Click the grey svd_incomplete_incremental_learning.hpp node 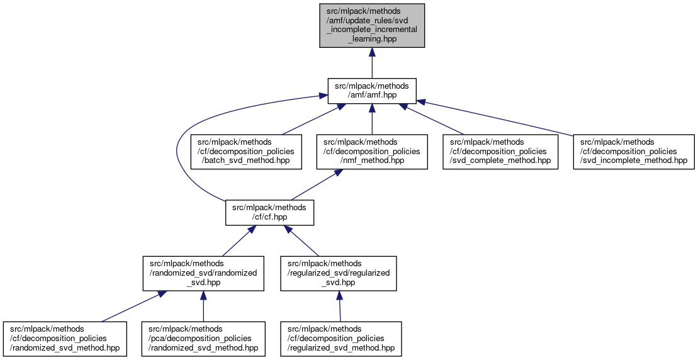371,25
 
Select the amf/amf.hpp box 371,90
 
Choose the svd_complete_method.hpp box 500,152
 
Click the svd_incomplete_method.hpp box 633,152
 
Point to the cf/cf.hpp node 269,213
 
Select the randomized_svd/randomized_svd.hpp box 203,274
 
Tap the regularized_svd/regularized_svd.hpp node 339,274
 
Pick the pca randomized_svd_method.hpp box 203,339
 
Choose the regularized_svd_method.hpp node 341,339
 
